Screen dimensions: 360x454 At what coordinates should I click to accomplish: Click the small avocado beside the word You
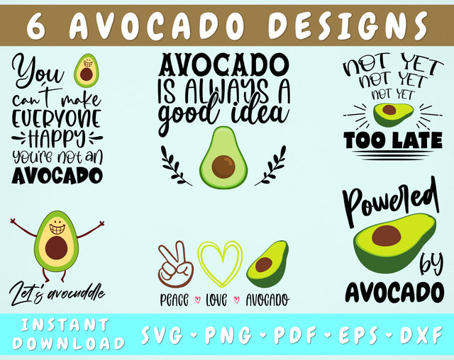[x=87, y=69]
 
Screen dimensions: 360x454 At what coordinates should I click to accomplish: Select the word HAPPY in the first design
[x=57, y=136]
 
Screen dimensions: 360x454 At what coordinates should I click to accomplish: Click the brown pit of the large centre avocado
[x=223, y=167]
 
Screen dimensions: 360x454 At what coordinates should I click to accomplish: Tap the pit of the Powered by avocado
[x=387, y=235]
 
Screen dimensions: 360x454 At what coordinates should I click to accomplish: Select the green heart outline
[x=219, y=264]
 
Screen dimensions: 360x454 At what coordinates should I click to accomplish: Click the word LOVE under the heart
[x=216, y=300]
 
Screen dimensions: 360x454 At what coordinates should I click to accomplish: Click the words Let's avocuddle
[x=57, y=291]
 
